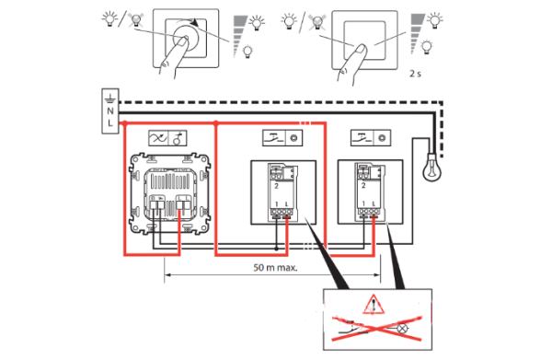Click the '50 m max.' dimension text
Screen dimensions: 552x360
click(275, 267)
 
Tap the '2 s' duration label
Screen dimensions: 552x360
click(415, 74)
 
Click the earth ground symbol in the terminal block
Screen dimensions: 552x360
click(110, 99)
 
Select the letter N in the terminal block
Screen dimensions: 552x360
click(110, 111)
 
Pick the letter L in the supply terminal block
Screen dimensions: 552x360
click(110, 123)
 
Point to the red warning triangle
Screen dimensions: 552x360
click(374, 305)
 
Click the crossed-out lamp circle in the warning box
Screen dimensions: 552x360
click(402, 329)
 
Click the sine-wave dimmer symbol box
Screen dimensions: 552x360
click(158, 138)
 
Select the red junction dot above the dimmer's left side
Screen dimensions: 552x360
click(124, 123)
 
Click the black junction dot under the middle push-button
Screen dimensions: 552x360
click(276, 249)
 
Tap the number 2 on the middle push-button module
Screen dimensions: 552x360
click(276, 186)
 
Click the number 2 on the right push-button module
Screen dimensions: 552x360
click(363, 185)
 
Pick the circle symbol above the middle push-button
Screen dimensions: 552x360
click(293, 138)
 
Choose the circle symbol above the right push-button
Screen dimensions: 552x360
click(382, 138)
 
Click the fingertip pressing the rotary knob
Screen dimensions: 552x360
click(182, 41)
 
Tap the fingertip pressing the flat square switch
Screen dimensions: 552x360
click(361, 49)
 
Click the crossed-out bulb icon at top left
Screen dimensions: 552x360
click(135, 19)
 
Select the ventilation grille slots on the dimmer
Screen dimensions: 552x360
click(170, 181)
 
